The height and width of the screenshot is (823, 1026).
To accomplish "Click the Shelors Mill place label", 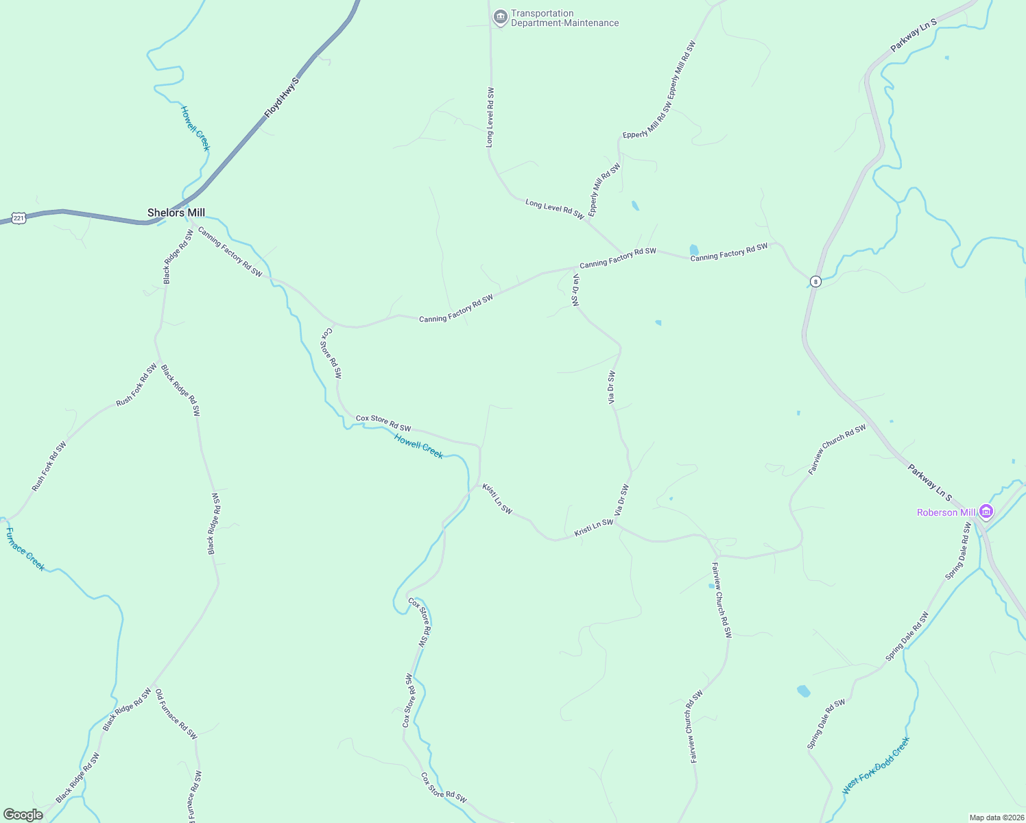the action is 176,213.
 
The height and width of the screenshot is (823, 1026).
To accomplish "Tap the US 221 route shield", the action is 19,218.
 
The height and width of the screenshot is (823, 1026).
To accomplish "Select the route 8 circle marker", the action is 815,281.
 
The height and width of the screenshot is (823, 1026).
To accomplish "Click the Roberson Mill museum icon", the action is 986,511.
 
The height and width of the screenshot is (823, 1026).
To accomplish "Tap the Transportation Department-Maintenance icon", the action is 500,17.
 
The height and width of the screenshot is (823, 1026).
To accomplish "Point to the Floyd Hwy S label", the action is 282,97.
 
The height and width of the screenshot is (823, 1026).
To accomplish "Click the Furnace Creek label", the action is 25,549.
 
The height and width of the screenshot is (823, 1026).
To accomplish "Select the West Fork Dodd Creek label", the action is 876,765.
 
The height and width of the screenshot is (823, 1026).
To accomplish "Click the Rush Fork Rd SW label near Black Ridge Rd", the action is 136,385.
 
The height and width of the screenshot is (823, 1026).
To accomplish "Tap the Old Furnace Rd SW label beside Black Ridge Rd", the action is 176,714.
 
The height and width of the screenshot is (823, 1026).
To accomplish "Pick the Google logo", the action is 23,815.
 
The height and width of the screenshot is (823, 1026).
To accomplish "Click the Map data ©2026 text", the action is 995,818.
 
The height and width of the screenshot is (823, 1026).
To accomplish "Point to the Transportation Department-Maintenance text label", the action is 564,19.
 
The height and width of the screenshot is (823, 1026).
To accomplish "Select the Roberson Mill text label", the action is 946,512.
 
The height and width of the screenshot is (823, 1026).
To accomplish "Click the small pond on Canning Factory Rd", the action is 694,250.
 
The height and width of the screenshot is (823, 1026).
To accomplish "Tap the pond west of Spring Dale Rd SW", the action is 804,691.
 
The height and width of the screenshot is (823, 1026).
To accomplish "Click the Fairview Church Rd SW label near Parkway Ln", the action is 837,449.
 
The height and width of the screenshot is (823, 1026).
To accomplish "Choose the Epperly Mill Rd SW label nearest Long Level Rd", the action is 604,189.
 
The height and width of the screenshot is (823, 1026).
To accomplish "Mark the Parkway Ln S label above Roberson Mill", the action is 930,481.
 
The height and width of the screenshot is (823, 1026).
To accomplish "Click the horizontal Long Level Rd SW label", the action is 554,209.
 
